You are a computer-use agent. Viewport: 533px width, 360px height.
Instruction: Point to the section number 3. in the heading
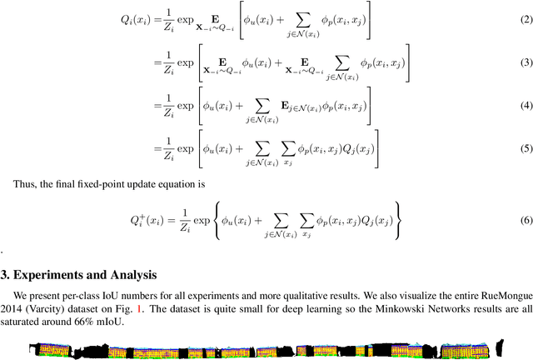tap(7, 274)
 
